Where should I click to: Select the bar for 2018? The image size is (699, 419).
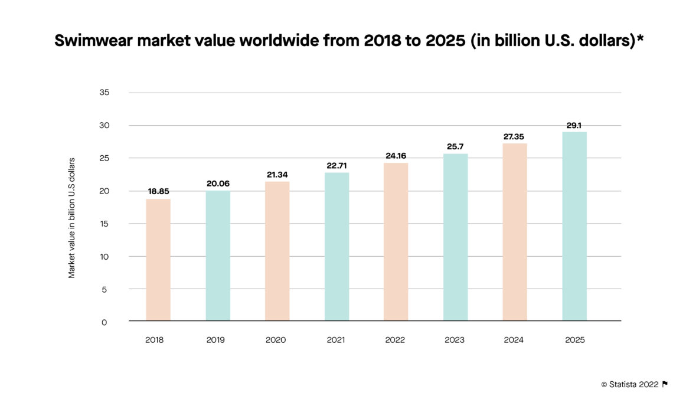[x=158, y=260]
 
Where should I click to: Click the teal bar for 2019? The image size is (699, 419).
[x=218, y=256]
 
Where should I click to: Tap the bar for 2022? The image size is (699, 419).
[x=396, y=242]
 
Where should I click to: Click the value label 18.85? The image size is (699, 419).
[x=158, y=192]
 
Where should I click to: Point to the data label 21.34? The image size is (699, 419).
[x=277, y=175]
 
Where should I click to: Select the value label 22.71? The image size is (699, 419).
[x=337, y=166]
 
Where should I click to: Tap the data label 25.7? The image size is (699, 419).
[x=455, y=146]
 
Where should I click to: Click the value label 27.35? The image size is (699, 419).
[x=515, y=136]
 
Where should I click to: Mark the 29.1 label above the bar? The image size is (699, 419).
[x=574, y=125]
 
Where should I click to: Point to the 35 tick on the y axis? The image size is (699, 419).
[x=104, y=93]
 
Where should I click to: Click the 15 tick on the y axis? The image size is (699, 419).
[x=104, y=224]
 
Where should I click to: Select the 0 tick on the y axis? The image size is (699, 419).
[x=104, y=322]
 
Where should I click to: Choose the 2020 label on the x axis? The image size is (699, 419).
[x=277, y=341]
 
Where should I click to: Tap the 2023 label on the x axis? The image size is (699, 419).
[x=455, y=341]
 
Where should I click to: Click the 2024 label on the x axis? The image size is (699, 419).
[x=515, y=341]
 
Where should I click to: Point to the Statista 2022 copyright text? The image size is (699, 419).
[x=629, y=384]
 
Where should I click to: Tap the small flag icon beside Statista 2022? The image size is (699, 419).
[x=665, y=384]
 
